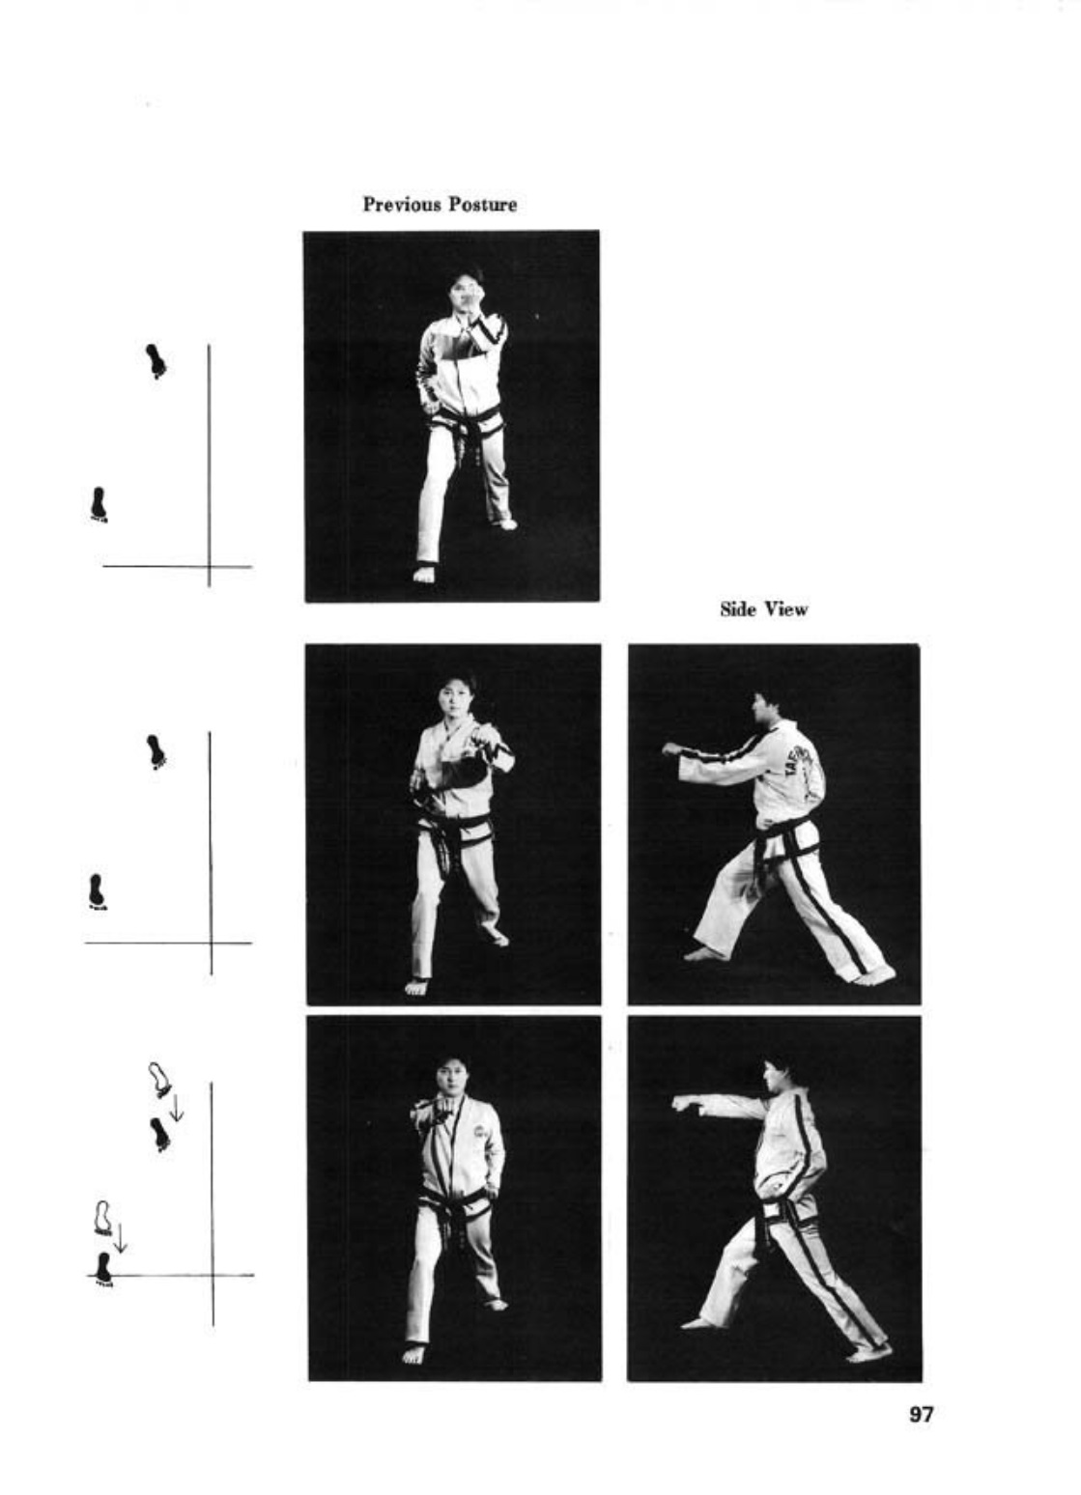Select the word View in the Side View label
[786, 608]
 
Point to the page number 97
[922, 1413]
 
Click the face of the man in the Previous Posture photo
[462, 288]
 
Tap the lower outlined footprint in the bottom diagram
[102, 1219]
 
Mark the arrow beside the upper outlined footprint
[177, 1108]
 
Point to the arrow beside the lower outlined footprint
[120, 1239]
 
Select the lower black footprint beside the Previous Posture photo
[99, 504]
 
